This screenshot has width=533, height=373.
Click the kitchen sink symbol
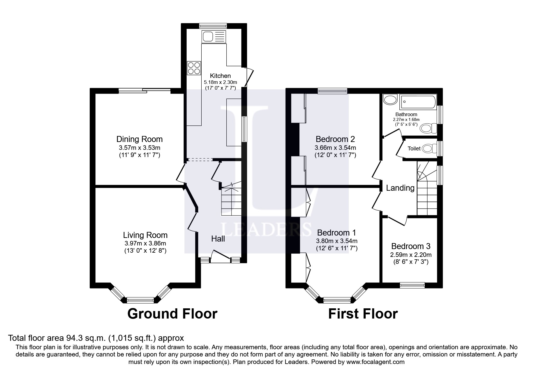point(214,37)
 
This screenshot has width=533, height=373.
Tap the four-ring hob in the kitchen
point(194,68)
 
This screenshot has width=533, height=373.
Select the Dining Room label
point(140,139)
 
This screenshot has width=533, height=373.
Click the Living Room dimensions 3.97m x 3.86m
point(145,243)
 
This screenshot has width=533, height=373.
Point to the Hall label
point(218,239)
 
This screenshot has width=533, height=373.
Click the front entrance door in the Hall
point(221,256)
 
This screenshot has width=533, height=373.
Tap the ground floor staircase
point(231,199)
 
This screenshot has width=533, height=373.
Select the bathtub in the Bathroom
point(418,102)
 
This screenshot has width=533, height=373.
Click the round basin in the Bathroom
point(390,100)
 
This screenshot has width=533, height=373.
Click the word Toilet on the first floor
point(414,148)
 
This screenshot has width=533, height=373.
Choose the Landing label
point(400,188)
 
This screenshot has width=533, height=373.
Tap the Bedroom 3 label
point(411,246)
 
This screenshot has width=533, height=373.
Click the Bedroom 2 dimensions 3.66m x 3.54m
point(335,148)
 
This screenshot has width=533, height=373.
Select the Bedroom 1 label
point(336,233)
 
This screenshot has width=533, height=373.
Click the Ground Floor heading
point(172,314)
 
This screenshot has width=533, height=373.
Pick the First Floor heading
point(363,314)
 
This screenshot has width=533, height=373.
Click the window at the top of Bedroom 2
point(333,91)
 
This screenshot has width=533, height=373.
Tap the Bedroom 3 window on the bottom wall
point(412,285)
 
